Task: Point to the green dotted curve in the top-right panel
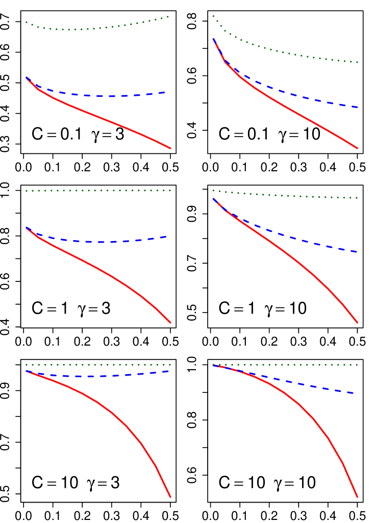(x=286, y=53)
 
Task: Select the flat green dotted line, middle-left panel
(x=97, y=191)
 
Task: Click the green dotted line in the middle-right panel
(x=286, y=195)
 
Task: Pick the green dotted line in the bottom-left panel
(x=97, y=365)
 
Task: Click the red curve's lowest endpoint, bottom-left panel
(x=170, y=496)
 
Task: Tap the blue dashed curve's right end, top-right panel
(x=357, y=107)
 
